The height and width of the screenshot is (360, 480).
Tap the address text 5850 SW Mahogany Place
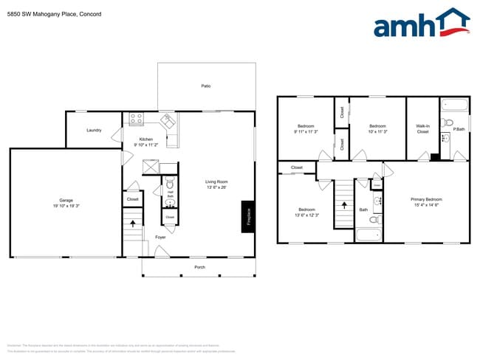coord(44,14)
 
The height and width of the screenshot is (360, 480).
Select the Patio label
coord(206,86)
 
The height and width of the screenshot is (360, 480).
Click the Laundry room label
coord(94,131)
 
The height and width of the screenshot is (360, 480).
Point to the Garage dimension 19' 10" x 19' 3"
coord(66,206)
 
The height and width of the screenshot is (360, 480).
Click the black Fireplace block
coord(248,216)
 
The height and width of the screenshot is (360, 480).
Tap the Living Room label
coord(216,181)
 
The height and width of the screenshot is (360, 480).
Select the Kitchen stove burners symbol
coord(137,118)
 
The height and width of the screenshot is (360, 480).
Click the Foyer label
coord(160,237)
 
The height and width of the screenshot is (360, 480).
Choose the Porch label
coord(199,267)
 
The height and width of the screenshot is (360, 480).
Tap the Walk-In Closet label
coord(422,129)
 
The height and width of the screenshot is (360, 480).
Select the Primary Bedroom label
coord(426,199)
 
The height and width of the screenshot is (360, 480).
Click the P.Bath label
coord(459,130)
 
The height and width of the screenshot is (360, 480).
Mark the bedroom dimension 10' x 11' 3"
coord(377,132)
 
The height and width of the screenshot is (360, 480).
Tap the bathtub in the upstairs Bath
coord(368,236)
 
